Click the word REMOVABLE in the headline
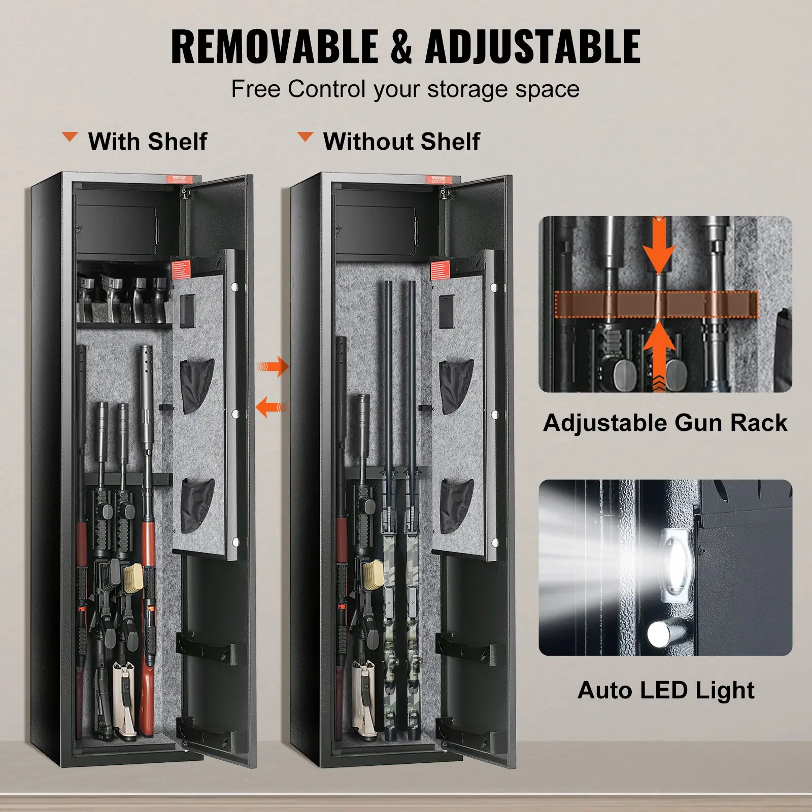(274, 46)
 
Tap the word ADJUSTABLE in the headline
(533, 46)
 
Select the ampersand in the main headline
(401, 46)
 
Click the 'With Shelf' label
(148, 141)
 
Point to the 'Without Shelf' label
(401, 141)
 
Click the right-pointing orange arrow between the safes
(273, 366)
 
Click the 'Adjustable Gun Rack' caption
(665, 423)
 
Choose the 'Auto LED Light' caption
(666, 690)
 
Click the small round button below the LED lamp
(658, 634)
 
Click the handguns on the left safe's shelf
(122, 298)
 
